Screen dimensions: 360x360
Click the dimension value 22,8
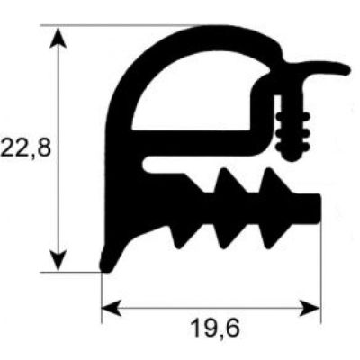pyautogui.click(x=25, y=148)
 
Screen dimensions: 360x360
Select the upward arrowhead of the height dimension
pyautogui.click(x=58, y=38)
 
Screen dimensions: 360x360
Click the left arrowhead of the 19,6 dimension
pyautogui.click(x=112, y=308)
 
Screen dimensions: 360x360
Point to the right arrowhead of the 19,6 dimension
pyautogui.click(x=310, y=308)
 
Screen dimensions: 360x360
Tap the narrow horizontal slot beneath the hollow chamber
pyautogui.click(x=207, y=162)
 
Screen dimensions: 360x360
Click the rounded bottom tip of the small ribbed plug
pyautogui.click(x=292, y=157)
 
